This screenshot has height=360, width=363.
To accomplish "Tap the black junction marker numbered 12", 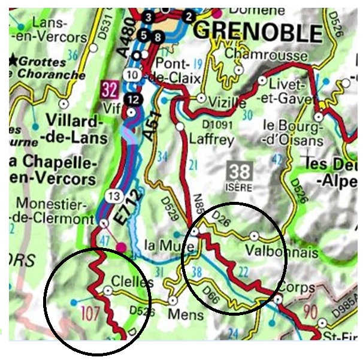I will click(x=132, y=98).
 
